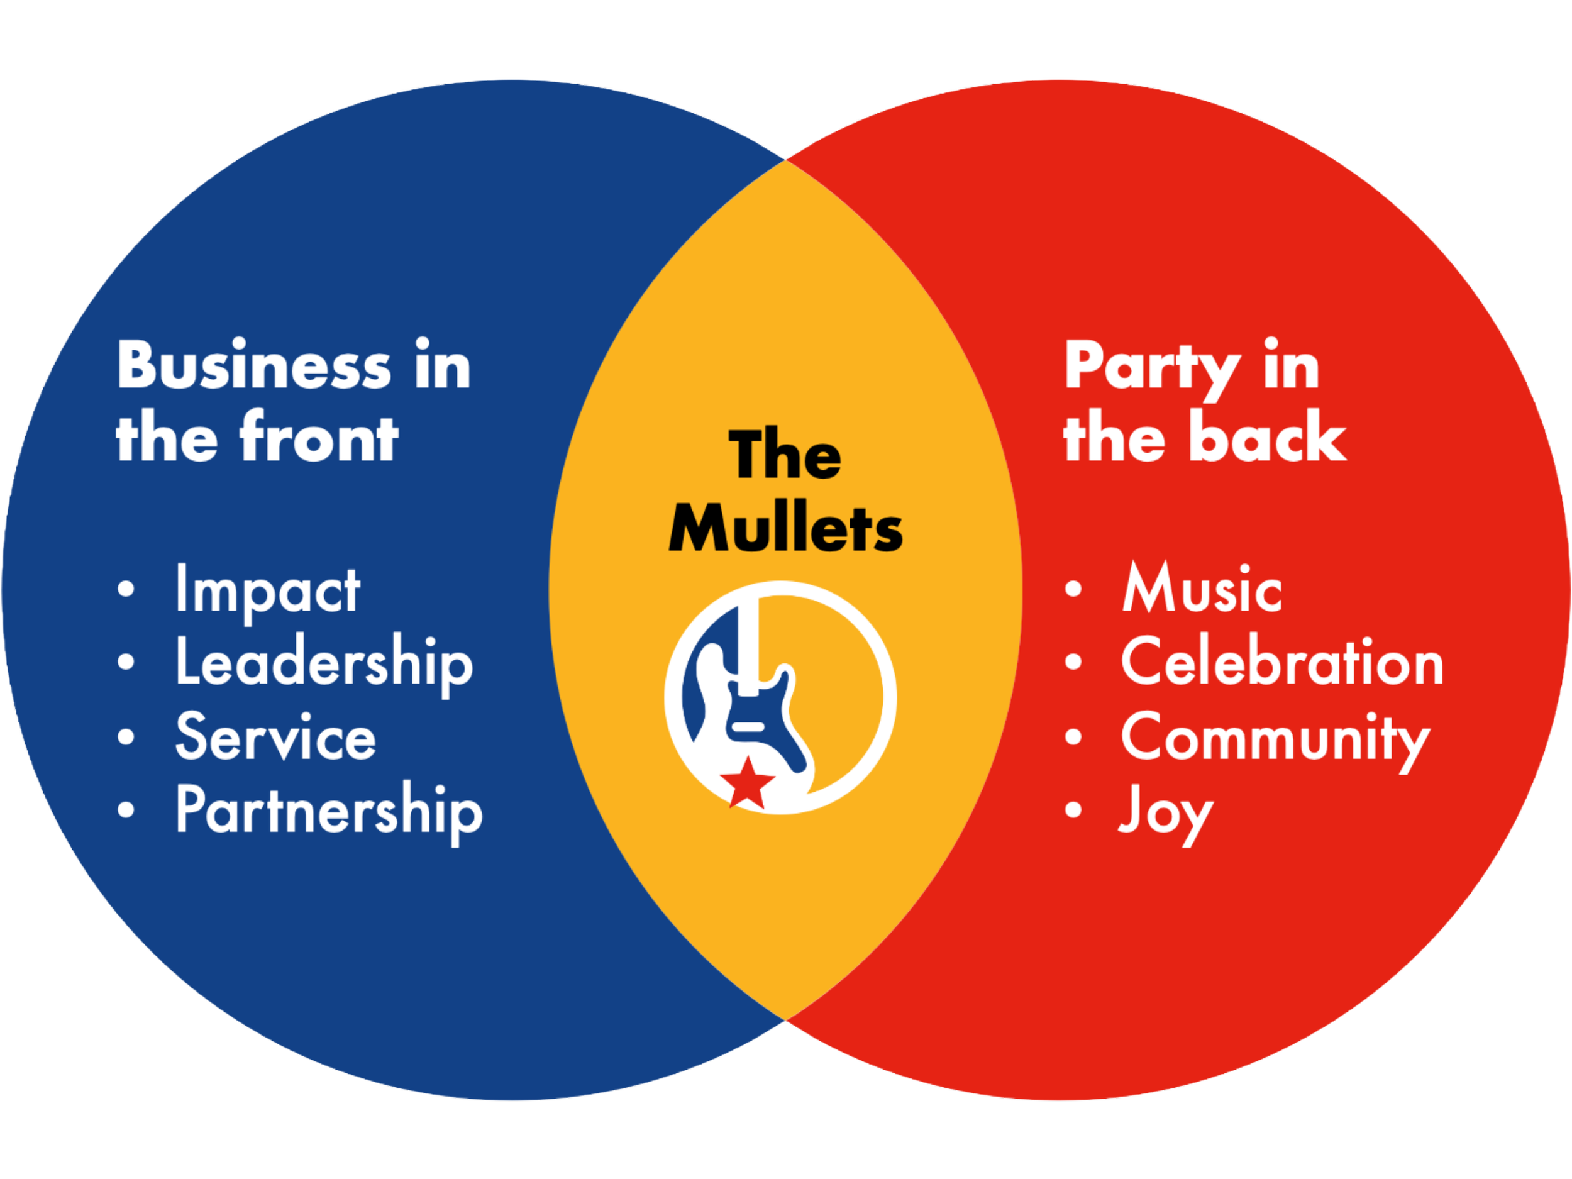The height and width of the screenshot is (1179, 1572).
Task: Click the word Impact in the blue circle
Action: point(267,591)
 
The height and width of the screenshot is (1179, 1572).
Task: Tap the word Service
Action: point(276,737)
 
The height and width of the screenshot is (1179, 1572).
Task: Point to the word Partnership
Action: point(329,811)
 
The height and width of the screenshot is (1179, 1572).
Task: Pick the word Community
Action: point(1276,739)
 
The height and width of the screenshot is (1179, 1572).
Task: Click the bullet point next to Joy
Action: point(1073,809)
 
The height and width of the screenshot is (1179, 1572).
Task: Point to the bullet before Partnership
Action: point(126,809)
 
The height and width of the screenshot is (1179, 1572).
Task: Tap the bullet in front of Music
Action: point(1073,590)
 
